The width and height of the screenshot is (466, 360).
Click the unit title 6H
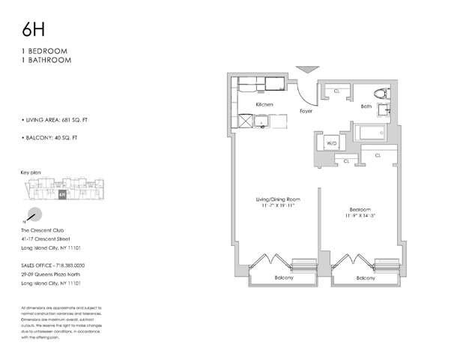point(34,29)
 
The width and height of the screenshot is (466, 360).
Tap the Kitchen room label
point(264,104)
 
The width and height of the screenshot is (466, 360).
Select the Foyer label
point(305,111)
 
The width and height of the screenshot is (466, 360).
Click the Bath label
point(366,106)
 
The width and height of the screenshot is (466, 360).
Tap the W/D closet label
point(330,142)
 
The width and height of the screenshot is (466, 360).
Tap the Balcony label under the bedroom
point(366,278)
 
